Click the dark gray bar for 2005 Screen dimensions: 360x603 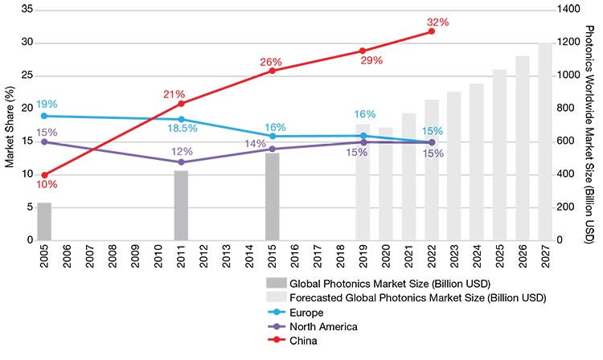click(x=44, y=222)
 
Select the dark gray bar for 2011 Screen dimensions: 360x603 click(x=181, y=206)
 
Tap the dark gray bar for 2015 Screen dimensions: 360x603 click(x=273, y=197)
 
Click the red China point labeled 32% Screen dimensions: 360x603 click(x=432, y=31)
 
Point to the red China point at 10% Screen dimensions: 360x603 click(x=44, y=174)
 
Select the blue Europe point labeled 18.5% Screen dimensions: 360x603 click(x=181, y=119)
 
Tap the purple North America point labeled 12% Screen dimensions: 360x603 click(x=181, y=162)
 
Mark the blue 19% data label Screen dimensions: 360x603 click(x=47, y=104)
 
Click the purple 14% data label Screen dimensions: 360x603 click(x=256, y=143)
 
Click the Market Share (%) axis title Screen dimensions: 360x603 click(x=9, y=125)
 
